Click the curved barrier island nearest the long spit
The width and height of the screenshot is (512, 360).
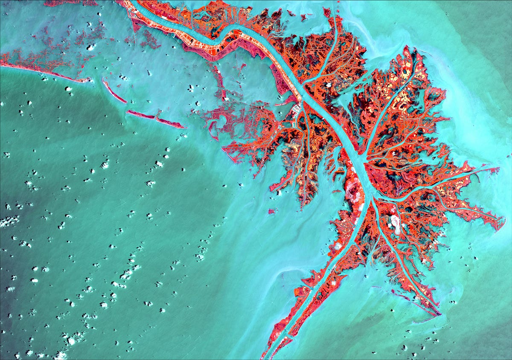pyautogui.click(x=114, y=91)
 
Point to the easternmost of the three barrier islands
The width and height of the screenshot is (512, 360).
pyautogui.click(x=171, y=123)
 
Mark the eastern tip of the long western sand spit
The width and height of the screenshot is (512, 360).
pyautogui.click(x=87, y=80)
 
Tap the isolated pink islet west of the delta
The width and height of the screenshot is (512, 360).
pyautogui.click(x=271, y=211)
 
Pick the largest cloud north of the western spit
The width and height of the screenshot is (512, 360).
pyautogui.click(x=90, y=47)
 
